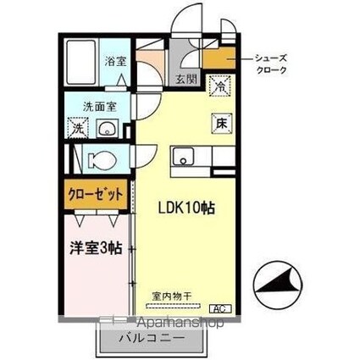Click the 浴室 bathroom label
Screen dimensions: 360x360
pyautogui.click(x=115, y=61)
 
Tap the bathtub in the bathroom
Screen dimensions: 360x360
pyautogui.click(x=81, y=62)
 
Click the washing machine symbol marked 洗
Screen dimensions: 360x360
pyautogui.click(x=78, y=128)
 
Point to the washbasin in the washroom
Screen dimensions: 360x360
pyautogui.click(x=108, y=128)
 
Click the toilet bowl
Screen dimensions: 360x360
pyautogui.click(x=102, y=160)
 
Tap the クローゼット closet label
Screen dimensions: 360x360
pyautogui.click(x=96, y=194)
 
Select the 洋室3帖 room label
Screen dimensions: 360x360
pyautogui.click(x=96, y=247)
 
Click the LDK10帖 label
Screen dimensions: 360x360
pyautogui.click(x=186, y=208)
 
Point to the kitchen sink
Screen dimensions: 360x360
pyautogui.click(x=184, y=156)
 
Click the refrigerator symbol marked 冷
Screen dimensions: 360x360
pyautogui.click(x=220, y=86)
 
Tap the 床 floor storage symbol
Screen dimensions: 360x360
pyautogui.click(x=222, y=124)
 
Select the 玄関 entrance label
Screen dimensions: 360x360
pyautogui.click(x=187, y=79)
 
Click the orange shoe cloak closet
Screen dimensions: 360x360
pyautogui.click(x=219, y=58)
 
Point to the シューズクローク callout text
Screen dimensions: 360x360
pyautogui.click(x=271, y=64)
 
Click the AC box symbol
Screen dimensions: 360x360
pyautogui.click(x=220, y=309)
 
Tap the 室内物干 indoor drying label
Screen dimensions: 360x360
pyautogui.click(x=172, y=296)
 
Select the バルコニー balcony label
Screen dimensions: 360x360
pyautogui.click(x=152, y=338)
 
